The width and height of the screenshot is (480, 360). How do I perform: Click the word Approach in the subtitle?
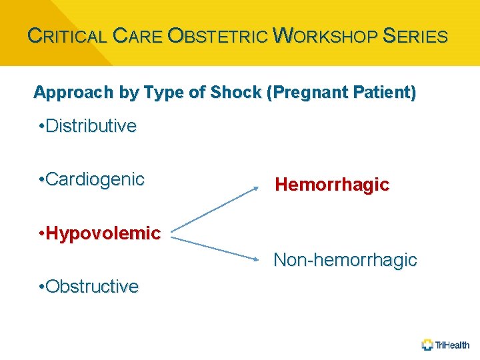pos(65,93)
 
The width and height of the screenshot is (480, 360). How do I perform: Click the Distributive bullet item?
pos(88,126)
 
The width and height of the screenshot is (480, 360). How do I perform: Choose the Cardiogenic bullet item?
pos(92,179)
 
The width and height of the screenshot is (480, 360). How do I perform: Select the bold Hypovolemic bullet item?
pos(100,233)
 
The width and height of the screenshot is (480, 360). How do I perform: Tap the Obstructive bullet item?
pos(89,287)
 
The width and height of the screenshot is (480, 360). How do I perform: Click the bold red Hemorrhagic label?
pos(332,185)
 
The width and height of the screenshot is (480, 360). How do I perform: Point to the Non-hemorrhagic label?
pos(345,260)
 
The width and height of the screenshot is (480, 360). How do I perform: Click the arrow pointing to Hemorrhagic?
pos(215,210)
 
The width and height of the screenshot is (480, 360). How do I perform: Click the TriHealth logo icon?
pos(427,345)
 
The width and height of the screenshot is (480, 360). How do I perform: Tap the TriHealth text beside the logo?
pos(453,345)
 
